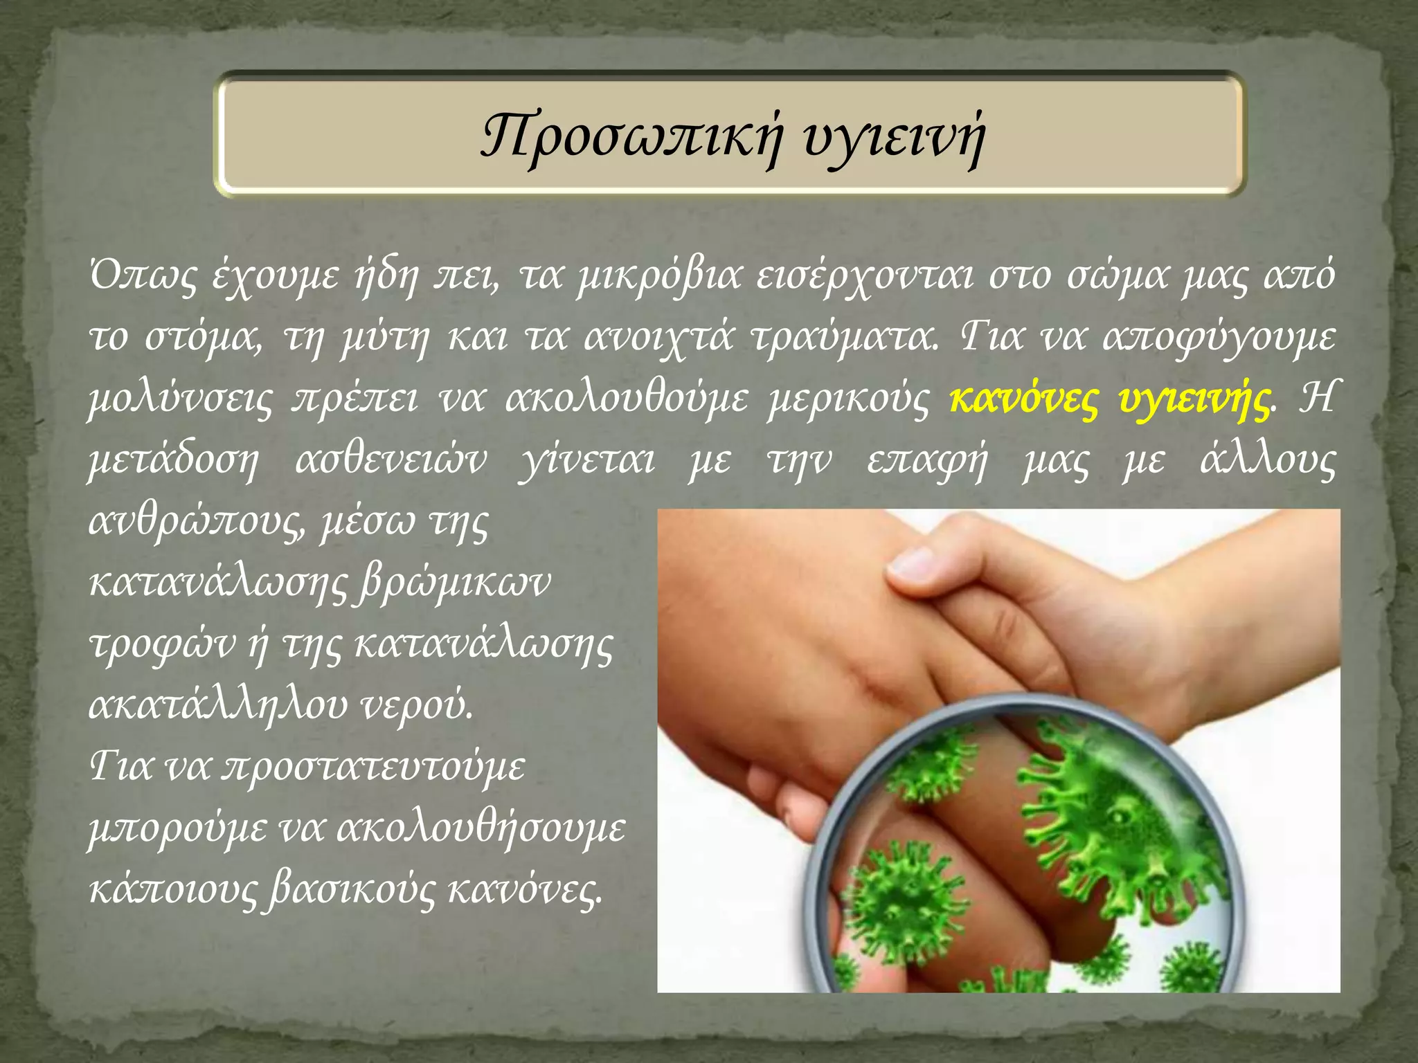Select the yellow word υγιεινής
pos(1194,399)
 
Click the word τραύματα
pos(845,337)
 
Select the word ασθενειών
pos(391,460)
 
